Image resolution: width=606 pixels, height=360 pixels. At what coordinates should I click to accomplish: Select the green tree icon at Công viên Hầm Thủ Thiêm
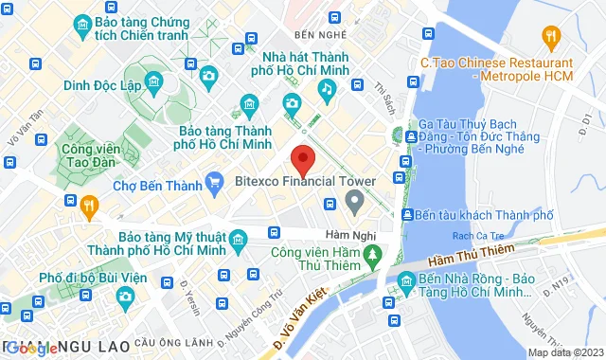click(372, 254)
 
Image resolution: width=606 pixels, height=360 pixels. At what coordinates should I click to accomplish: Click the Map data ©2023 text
click(563, 352)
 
